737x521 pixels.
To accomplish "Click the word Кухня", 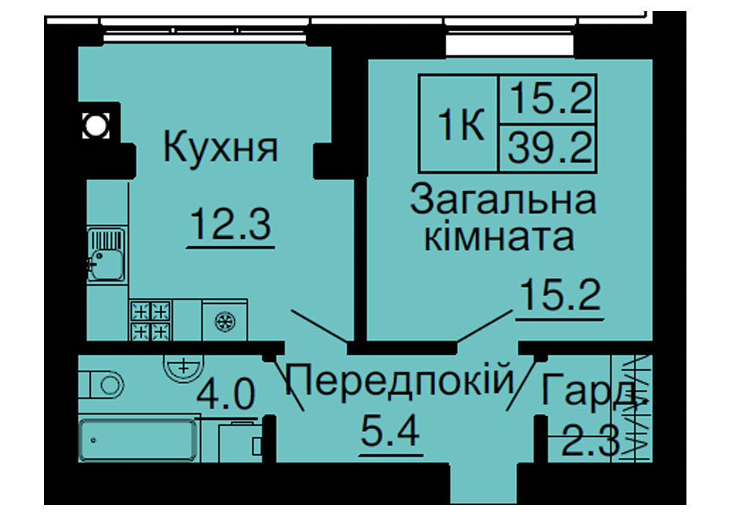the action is coord(221,147).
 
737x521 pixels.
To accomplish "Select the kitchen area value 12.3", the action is coord(231,224).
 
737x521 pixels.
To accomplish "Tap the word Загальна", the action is coord(503,200).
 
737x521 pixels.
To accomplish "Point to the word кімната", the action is coord(499,237).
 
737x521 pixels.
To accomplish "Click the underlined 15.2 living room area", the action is coord(560,295).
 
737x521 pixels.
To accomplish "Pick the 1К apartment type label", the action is coord(461,125).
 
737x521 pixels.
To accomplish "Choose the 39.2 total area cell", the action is coord(549,147).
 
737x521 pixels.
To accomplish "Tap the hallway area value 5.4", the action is coord(390,432).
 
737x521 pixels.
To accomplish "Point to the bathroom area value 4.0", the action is coord(226,394).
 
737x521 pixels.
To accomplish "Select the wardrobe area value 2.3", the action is coord(590,441).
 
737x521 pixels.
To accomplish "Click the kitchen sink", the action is coord(106,254).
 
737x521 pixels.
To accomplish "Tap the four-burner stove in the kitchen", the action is coord(150,320).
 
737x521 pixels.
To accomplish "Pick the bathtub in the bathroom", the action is coord(137,440).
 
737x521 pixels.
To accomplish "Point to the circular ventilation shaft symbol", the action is coord(96,125).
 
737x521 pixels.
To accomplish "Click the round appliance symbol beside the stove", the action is coord(225,322).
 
